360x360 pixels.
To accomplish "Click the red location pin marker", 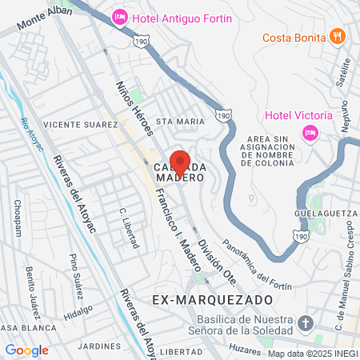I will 180,162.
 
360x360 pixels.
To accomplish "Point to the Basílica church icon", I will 304,323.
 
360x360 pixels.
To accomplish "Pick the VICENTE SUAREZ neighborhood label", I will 74,125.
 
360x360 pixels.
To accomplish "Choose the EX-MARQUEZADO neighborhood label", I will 201,298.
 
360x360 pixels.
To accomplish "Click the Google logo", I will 27,350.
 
